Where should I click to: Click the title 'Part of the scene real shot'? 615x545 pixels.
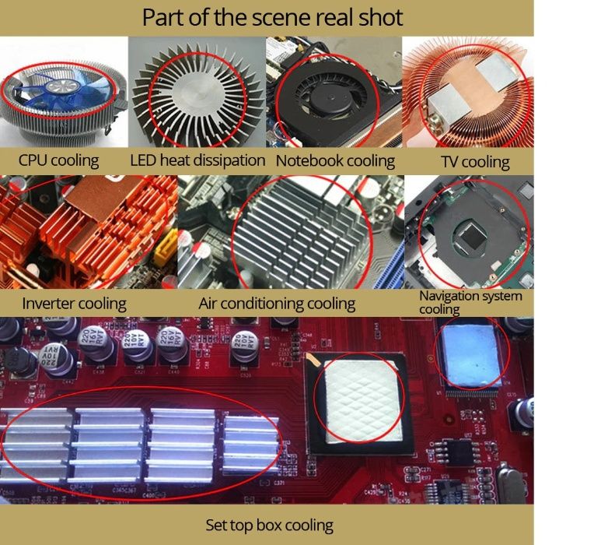tap(272, 18)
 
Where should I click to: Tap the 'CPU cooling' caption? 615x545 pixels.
tap(58, 161)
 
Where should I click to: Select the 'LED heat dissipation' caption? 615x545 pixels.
tap(197, 160)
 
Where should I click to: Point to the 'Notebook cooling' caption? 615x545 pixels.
tap(335, 161)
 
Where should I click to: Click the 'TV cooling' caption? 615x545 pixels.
tap(475, 162)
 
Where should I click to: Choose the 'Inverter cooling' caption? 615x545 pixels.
tap(74, 304)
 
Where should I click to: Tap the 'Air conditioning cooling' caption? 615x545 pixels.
tap(277, 304)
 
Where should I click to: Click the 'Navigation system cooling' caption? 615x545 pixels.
tap(470, 302)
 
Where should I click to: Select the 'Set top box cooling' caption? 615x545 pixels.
tap(270, 526)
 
